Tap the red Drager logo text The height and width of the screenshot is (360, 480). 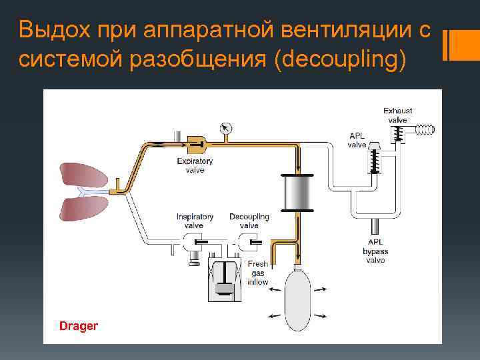click(79, 326)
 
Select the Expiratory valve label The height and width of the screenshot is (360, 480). click(195, 165)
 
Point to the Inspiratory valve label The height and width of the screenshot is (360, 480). click(195, 221)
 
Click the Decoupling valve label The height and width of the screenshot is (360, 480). click(249, 221)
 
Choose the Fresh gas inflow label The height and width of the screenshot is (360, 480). click(258, 273)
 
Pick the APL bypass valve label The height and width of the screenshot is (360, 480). click(375, 251)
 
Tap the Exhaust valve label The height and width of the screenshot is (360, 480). click(398, 115)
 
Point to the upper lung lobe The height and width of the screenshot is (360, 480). click(83, 175)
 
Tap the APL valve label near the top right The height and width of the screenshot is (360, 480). click(358, 140)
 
